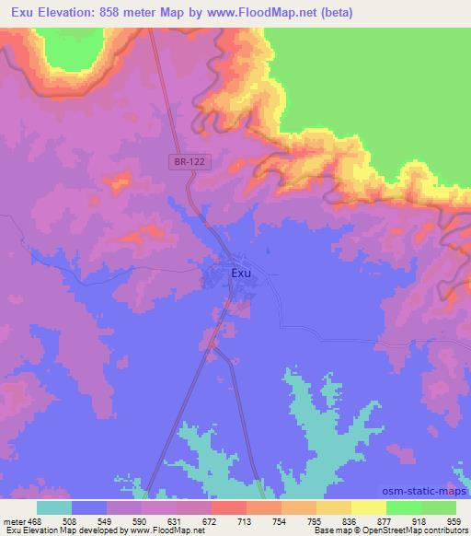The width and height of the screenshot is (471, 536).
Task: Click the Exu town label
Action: click(x=240, y=273)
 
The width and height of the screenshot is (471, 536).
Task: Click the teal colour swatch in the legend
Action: click(x=53, y=507)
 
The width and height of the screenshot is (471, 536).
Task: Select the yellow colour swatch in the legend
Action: click(x=368, y=507)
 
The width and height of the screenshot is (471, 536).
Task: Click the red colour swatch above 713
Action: click(x=228, y=507)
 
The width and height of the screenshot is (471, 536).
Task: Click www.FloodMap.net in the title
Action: click(x=267, y=13)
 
